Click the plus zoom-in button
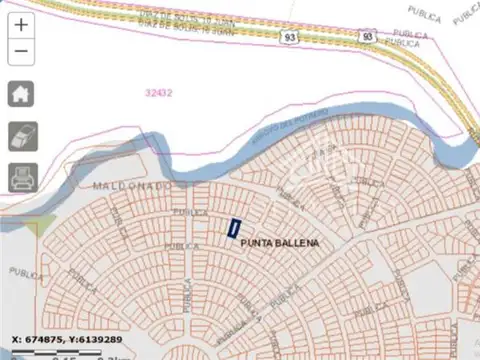[x=22, y=23]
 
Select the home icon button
[x=22, y=93]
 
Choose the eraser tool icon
[x=22, y=136]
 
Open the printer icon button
[x=22, y=178]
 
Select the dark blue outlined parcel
[x=234, y=229]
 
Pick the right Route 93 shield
[x=368, y=36]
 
